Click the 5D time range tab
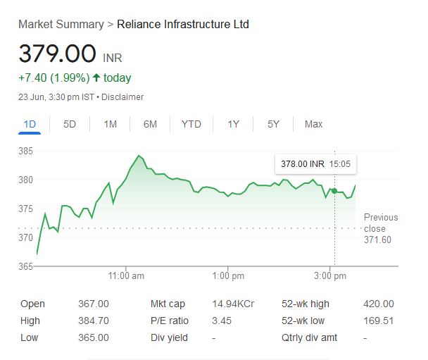[70, 124]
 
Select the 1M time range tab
[110, 124]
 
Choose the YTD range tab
[191, 124]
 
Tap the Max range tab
[313, 124]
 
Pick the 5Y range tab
[273, 124]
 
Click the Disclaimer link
[122, 97]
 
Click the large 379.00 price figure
[57, 54]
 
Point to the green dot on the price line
[334, 190]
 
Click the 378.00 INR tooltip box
[315, 164]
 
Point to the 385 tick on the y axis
[26, 151]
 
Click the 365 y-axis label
[26, 266]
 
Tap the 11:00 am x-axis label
[127, 275]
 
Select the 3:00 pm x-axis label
[329, 275]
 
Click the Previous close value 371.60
[377, 240]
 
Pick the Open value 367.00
[93, 304]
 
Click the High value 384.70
[93, 321]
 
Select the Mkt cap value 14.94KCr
[233, 304]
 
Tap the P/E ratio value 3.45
[221, 321]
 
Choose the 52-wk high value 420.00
[379, 304]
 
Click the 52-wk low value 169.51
[379, 321]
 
